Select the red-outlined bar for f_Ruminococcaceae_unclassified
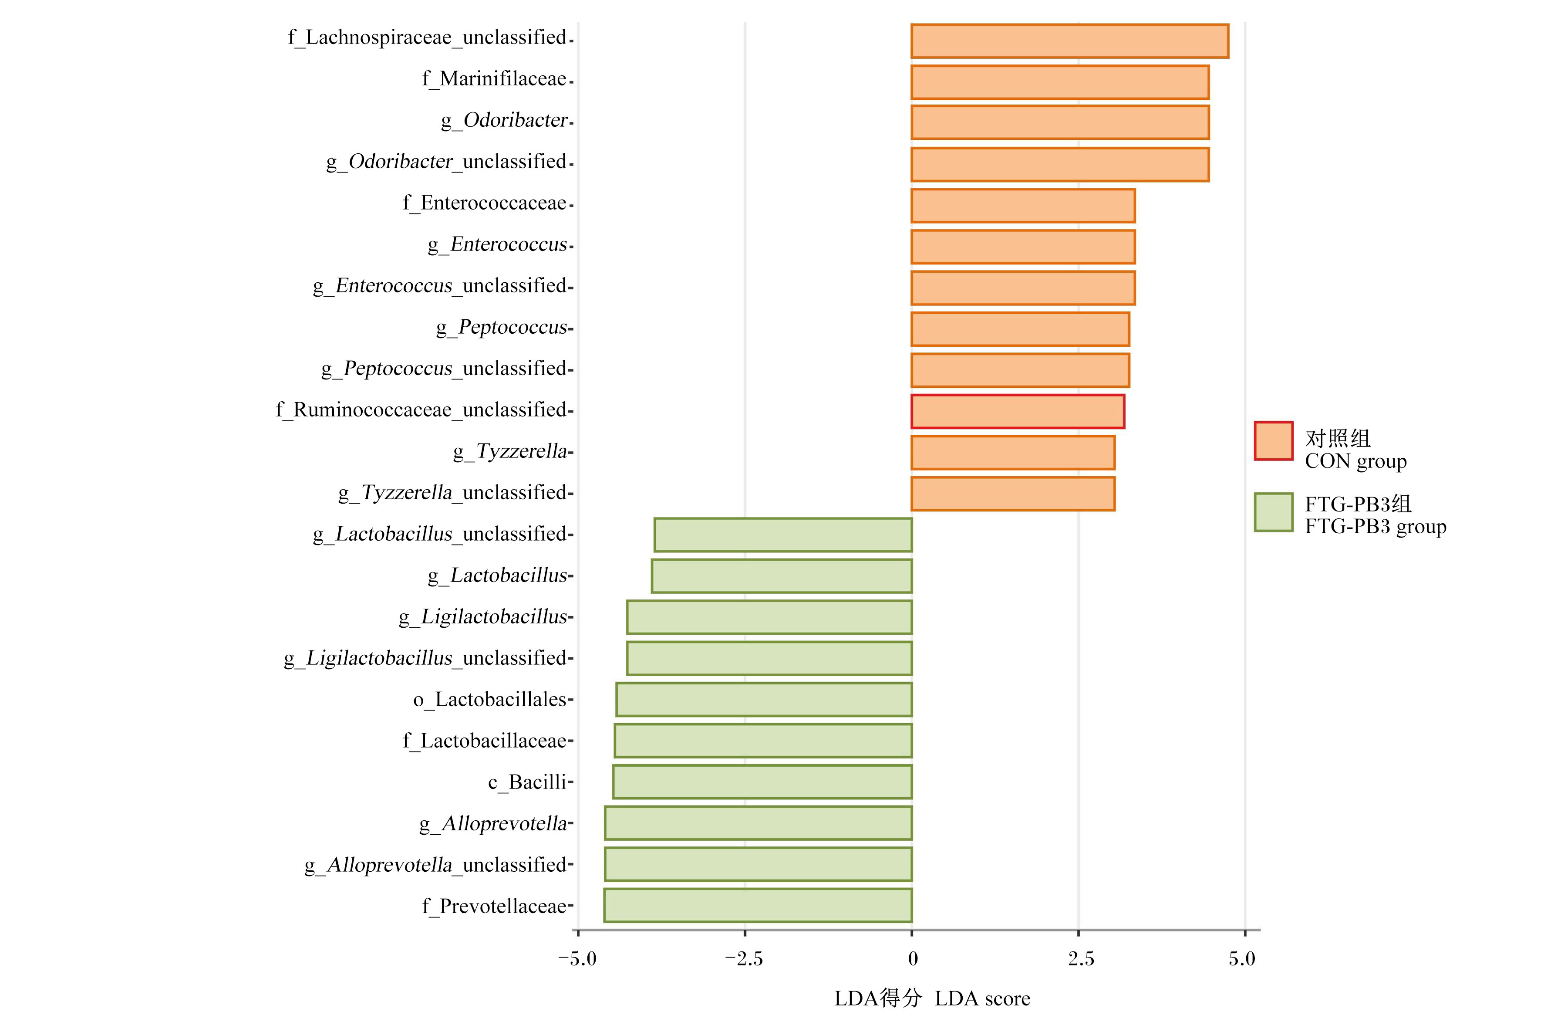coord(1018,411)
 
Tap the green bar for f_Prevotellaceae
coord(758,906)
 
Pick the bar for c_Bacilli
coord(762,782)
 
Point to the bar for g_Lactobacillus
coord(782,575)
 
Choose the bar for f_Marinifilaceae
coord(1060,82)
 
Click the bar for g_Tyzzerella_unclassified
coord(1012,494)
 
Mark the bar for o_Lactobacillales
coord(764,700)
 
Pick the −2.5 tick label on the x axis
coord(744,959)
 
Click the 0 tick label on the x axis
coord(912,959)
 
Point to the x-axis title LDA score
coord(982,999)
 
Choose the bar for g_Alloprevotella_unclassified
coord(758,864)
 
